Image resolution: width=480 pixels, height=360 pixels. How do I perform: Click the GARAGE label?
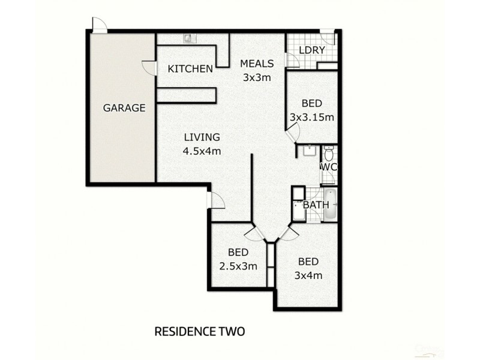click(x=124, y=109)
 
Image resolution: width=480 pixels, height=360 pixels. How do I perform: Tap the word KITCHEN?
click(x=190, y=69)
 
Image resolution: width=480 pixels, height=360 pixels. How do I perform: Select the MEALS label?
click(x=257, y=64)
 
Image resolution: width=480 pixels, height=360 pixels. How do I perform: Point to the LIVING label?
click(x=202, y=137)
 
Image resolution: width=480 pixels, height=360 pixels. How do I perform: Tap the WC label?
click(x=328, y=167)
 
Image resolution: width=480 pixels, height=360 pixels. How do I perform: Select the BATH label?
click(x=316, y=205)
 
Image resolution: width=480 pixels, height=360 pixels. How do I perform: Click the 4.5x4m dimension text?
click(x=202, y=151)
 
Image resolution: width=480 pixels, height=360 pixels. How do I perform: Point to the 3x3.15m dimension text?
click(x=311, y=118)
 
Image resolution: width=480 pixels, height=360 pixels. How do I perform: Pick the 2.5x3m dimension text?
click(x=239, y=266)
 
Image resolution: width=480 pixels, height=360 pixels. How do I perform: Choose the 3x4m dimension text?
click(x=308, y=276)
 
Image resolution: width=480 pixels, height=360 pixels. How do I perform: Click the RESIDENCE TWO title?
click(x=200, y=331)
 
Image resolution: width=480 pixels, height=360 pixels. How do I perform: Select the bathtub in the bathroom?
click(x=331, y=204)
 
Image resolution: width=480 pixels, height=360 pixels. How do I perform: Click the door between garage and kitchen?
click(x=149, y=68)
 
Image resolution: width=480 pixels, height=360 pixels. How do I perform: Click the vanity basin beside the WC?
click(x=308, y=150)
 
